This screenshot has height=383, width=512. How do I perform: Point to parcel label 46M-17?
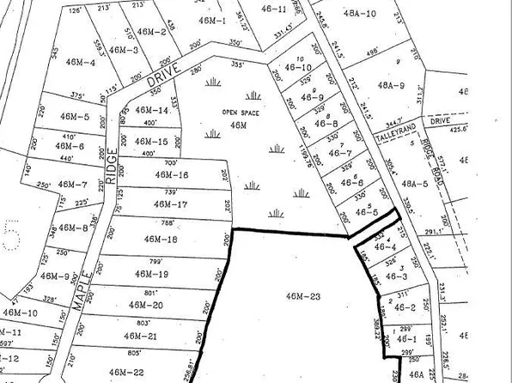(x=170, y=204)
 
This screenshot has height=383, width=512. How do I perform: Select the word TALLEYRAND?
(x=394, y=137)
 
